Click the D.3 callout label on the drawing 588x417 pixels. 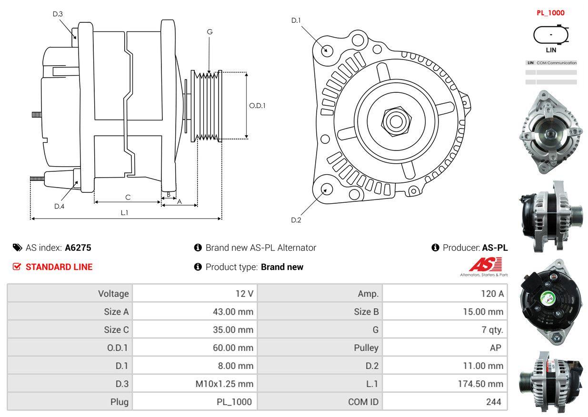tap(58, 14)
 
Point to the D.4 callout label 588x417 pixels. tap(59, 206)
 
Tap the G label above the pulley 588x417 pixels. tap(209, 32)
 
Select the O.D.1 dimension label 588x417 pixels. tap(258, 105)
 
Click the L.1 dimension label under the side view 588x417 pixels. tap(124, 213)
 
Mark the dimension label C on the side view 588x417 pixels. tap(128, 197)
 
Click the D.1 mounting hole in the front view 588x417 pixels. tap(327, 50)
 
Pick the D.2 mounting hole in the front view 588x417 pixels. tap(326, 189)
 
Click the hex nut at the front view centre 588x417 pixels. tap(394, 121)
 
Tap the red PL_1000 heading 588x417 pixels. tap(550, 13)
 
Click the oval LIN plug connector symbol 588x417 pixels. tap(551, 35)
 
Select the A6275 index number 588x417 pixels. tap(78, 248)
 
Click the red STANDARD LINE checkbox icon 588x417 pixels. tap(17, 267)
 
